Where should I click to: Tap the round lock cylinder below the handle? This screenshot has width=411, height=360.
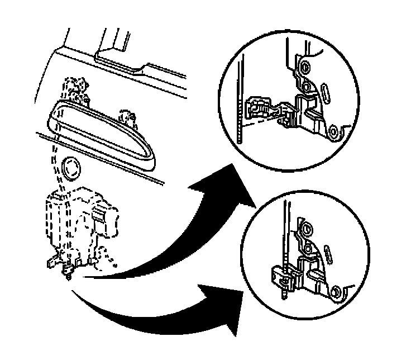pos(71,168)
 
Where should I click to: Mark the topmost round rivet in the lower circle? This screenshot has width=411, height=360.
pos(305,229)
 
